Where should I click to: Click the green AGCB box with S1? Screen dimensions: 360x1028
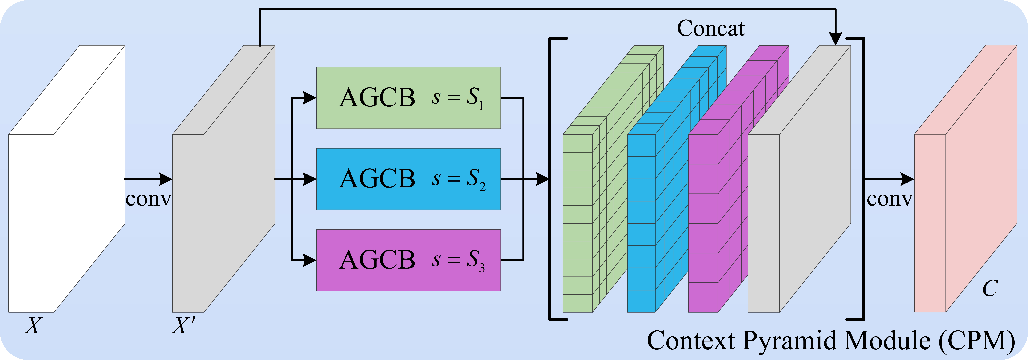point(408,98)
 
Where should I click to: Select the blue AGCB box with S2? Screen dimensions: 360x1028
point(408,179)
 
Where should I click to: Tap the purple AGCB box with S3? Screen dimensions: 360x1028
point(408,260)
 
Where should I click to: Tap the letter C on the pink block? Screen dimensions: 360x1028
point(990,288)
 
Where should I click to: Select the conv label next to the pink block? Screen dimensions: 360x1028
point(889,199)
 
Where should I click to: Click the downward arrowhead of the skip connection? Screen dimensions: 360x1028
point(835,39)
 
